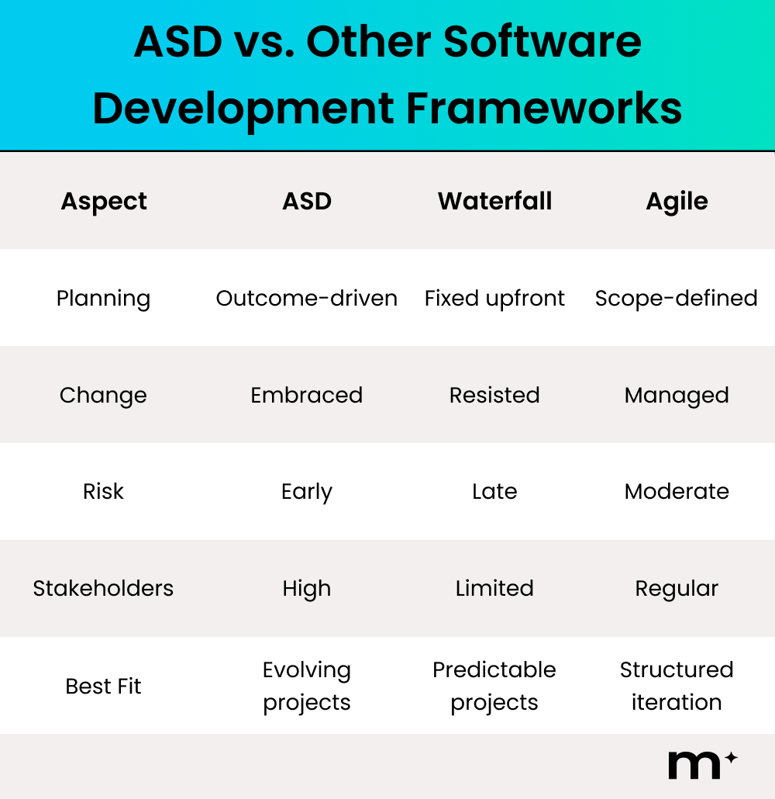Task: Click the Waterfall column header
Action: tap(494, 202)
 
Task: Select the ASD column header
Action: tap(307, 202)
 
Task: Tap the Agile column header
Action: tap(677, 202)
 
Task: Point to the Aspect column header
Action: tap(104, 202)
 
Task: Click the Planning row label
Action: tap(103, 299)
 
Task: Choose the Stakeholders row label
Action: tap(103, 589)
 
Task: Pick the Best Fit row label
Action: tap(103, 687)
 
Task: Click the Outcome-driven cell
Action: tap(307, 299)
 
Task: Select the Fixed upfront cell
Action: tap(494, 299)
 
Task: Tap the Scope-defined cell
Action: tap(677, 299)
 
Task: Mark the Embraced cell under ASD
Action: tap(307, 396)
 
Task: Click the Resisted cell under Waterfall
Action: tap(494, 396)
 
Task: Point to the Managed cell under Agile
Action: tap(677, 396)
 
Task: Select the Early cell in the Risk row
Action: tap(307, 492)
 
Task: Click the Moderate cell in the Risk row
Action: tap(677, 492)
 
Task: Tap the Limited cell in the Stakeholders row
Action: tap(494, 589)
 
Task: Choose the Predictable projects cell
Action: tap(494, 686)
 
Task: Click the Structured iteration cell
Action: tap(677, 686)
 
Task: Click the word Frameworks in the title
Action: tap(544, 109)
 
